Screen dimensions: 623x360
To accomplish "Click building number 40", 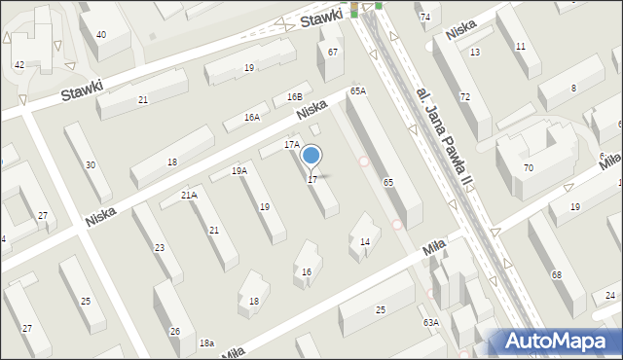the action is point(100,35).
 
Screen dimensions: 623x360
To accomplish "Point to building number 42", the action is point(19,64).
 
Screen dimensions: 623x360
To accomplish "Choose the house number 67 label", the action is point(333,52).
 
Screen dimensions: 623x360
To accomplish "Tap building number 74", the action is point(424,18).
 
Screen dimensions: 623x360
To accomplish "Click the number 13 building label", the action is point(474,52).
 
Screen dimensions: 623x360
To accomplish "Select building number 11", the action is point(521,47).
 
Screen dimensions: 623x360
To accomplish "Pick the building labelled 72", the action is point(465,96).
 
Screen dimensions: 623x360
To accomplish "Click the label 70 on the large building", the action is point(528,168).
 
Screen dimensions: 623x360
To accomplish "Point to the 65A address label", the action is point(358,90).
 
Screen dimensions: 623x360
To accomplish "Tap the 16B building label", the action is point(295,97).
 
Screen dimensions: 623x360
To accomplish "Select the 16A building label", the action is point(252,117).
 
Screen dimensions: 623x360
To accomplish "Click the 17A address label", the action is point(291,144).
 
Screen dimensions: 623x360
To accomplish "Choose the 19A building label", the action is point(238,170).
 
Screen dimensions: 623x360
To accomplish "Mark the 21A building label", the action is point(189,195).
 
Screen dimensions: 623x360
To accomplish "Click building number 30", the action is point(91,165).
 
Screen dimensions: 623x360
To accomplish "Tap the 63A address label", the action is point(430,322).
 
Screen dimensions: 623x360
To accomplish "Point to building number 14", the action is point(365,241).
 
